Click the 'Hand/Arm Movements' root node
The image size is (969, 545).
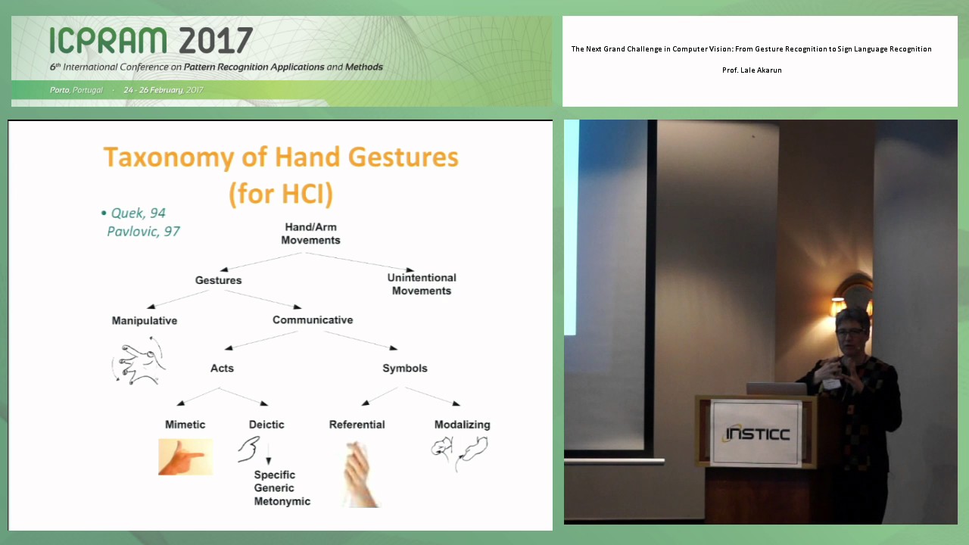click(x=310, y=234)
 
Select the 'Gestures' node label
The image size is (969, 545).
click(x=218, y=280)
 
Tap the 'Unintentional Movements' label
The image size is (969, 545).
click(x=422, y=284)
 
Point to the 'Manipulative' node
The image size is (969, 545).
click(x=145, y=320)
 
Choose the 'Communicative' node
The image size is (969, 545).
click(x=313, y=320)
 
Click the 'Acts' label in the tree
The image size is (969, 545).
click(x=222, y=368)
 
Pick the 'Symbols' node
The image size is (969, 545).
click(x=404, y=368)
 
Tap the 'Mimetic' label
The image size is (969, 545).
click(x=185, y=425)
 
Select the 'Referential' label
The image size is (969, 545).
click(x=357, y=425)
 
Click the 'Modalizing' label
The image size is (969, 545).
click(x=462, y=425)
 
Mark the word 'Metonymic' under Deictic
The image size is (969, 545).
click(x=282, y=501)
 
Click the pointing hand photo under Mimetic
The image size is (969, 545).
click(x=185, y=457)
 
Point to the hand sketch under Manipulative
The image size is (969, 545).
click(x=139, y=361)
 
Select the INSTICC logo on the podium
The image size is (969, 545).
click(x=757, y=434)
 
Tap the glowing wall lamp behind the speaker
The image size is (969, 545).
click(x=852, y=298)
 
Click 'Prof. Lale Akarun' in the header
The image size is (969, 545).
click(x=752, y=70)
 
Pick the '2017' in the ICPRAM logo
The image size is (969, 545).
click(x=215, y=40)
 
